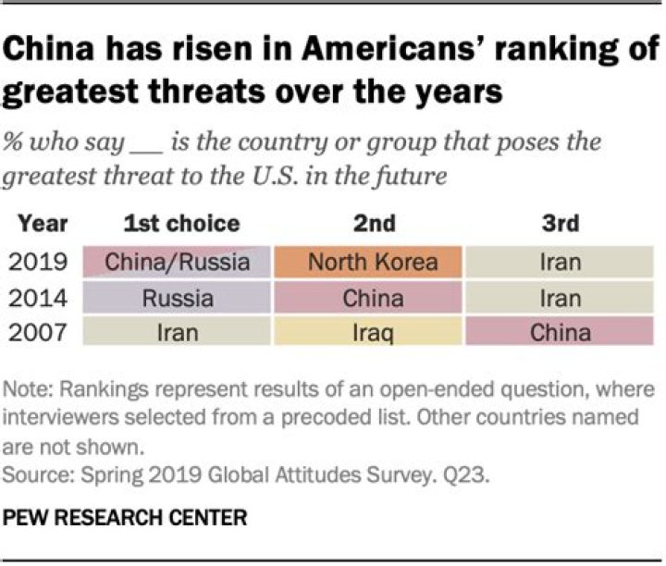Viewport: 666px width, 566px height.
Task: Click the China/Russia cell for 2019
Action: pyautogui.click(x=177, y=262)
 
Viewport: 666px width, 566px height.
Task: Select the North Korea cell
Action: pyautogui.click(x=368, y=262)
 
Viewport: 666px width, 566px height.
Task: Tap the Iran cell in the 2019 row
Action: pyautogui.click(x=560, y=262)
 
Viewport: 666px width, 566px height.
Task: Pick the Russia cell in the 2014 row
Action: pyautogui.click(x=177, y=298)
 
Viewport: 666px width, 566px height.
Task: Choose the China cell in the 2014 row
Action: pyautogui.click(x=368, y=298)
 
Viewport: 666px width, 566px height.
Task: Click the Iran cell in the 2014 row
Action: pyautogui.click(x=560, y=298)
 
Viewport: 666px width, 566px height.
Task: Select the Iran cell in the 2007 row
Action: pyautogui.click(x=177, y=331)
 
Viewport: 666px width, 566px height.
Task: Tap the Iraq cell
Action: pyautogui.click(x=368, y=331)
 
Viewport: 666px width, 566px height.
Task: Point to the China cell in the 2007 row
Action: pyautogui.click(x=560, y=331)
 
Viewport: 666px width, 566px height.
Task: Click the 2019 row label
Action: pyautogui.click(x=38, y=262)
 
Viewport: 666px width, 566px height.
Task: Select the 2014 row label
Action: pyautogui.click(x=38, y=298)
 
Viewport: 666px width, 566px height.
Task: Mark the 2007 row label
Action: pyautogui.click(x=38, y=332)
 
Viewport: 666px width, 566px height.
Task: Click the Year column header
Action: pyautogui.click(x=43, y=224)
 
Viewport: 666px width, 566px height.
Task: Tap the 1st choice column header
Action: pyautogui.click(x=182, y=224)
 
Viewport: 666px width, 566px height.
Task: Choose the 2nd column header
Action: pyautogui.click(x=375, y=224)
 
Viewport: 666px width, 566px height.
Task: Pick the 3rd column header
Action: pyautogui.click(x=561, y=224)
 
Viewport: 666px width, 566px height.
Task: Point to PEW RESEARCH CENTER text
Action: pyautogui.click(x=125, y=518)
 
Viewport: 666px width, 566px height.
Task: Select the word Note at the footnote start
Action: pyautogui.click(x=28, y=389)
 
